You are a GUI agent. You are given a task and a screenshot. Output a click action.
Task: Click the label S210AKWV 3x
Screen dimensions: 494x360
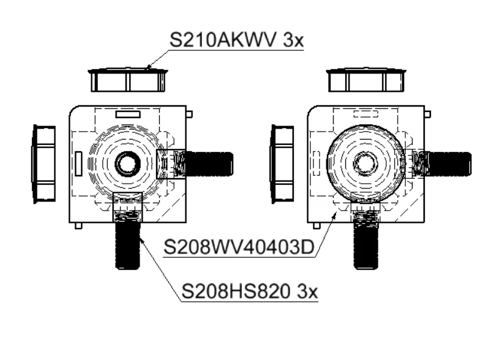[237, 40]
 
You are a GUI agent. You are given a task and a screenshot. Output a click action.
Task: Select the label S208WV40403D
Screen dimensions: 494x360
[239, 247]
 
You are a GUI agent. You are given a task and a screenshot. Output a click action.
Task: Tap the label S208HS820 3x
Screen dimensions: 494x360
[250, 291]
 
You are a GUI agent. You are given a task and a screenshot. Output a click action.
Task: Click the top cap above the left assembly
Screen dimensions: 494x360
[127, 80]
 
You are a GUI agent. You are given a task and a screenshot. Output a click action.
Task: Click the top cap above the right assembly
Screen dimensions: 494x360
[366, 80]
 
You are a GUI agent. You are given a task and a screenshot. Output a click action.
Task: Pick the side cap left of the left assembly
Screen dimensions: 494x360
[44, 164]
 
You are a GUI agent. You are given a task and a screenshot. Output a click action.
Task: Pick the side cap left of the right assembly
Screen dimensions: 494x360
[282, 164]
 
